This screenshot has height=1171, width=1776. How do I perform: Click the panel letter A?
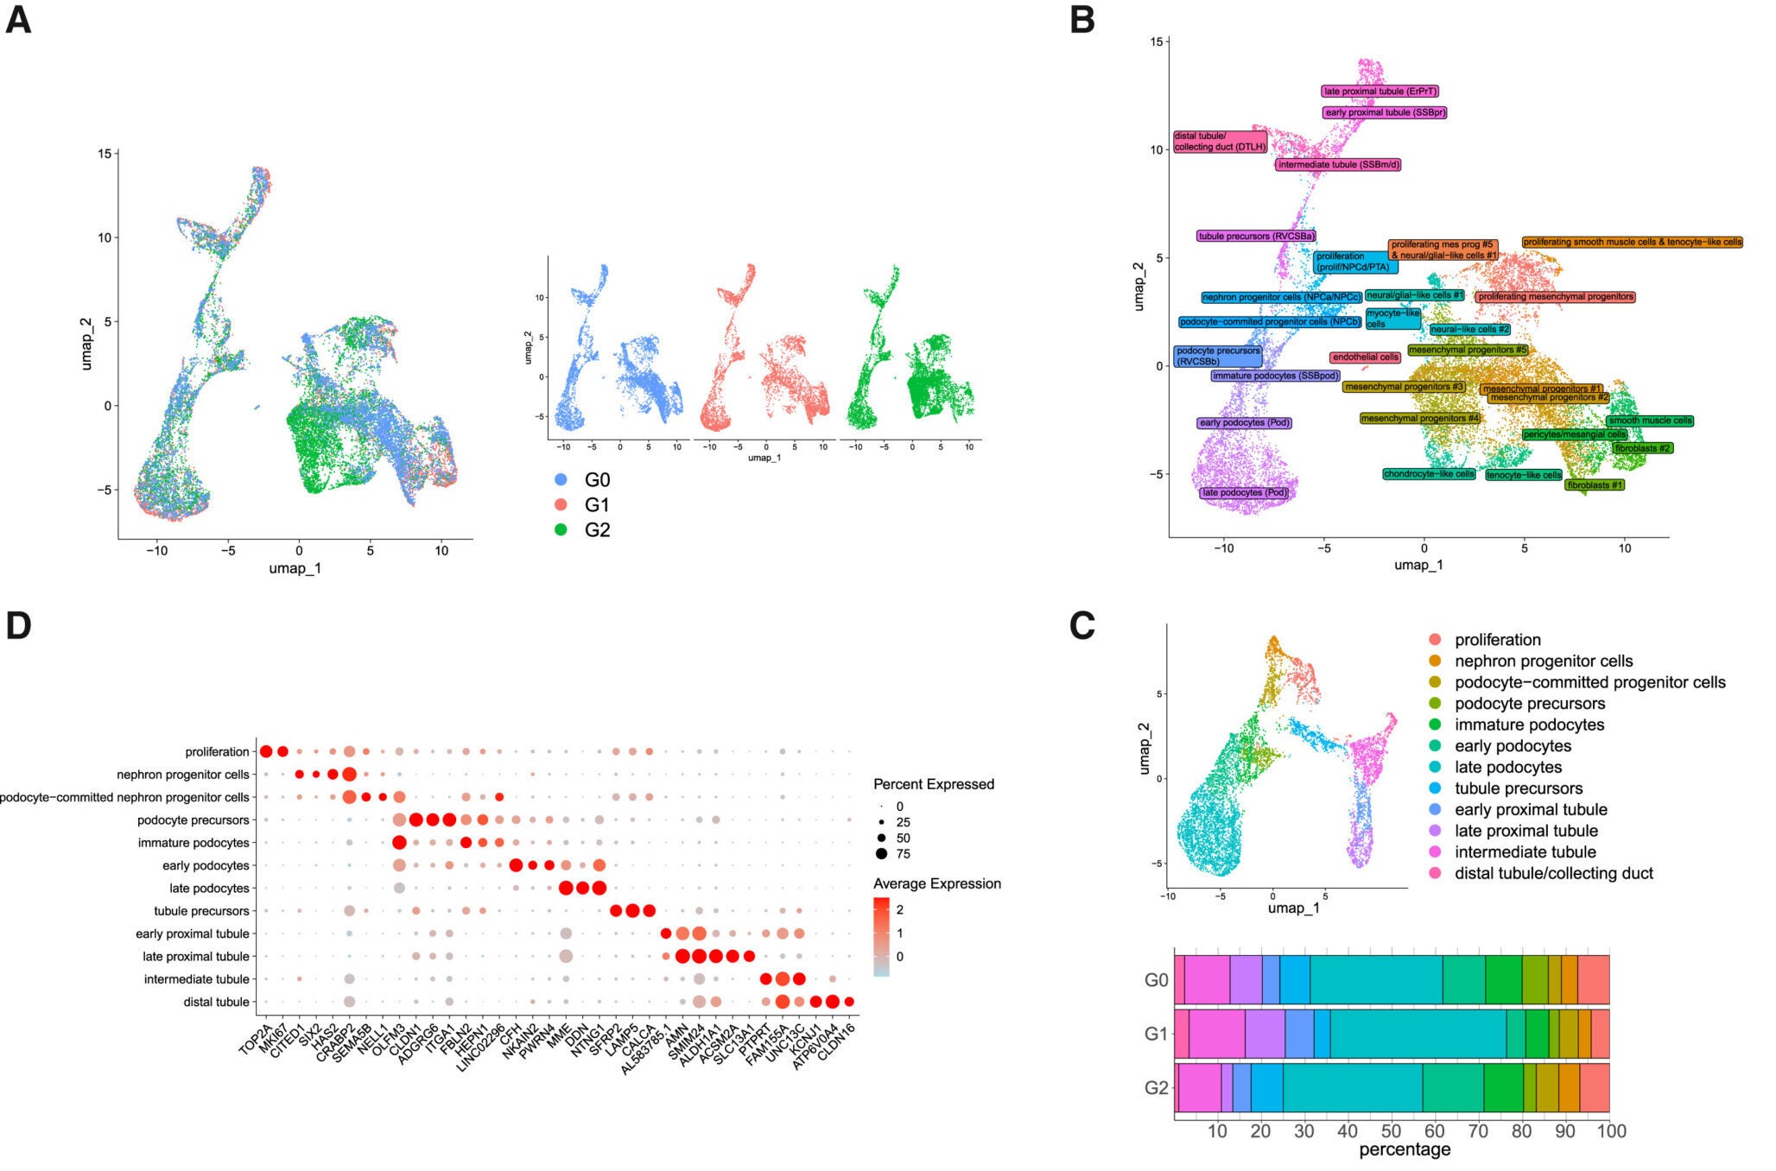pos(18,19)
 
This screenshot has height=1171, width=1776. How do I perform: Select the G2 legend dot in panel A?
pos(561,530)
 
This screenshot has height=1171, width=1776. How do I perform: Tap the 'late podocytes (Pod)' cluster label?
pos(1245,493)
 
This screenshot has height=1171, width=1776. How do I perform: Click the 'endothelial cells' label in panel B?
pos(1365,357)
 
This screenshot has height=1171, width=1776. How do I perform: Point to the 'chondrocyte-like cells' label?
pos(1429,474)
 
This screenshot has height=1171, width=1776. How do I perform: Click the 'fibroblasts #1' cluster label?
pos(1595,485)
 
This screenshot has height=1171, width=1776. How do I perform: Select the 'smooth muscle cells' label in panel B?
pos(1650,421)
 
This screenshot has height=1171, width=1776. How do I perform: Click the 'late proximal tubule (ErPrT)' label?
pos(1380,92)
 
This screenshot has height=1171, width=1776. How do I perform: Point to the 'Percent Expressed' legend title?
pos(934,784)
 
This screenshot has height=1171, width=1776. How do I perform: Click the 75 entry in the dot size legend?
pos(903,854)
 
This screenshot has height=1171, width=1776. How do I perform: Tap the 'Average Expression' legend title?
pos(936,883)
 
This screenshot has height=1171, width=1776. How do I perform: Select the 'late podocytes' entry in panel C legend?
pos(1508,767)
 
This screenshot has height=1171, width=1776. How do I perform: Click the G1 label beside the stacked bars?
pos(1156,1033)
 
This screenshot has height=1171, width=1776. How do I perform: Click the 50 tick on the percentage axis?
pos(1392,1131)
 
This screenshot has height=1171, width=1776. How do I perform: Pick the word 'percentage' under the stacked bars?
pos(1405,1150)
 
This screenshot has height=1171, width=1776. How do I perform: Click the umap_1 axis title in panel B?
pos(1418,565)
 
